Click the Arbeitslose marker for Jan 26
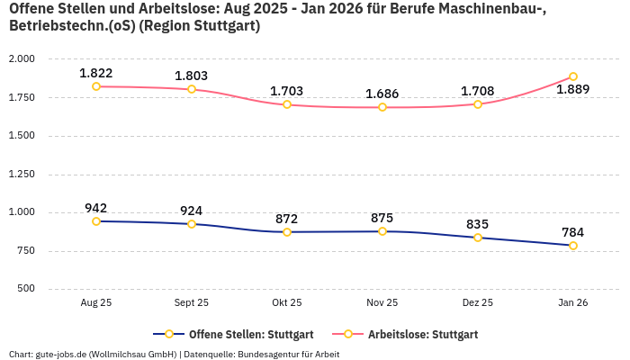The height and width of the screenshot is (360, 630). pos(572,76)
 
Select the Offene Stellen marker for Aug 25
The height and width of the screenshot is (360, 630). pos(96,221)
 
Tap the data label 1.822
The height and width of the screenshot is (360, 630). pos(96,73)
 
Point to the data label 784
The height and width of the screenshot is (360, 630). pos(572,232)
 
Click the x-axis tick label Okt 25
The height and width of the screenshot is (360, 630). pos(287,303)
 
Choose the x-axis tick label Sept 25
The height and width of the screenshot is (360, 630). pos(192,303)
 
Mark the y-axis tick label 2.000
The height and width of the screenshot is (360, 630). pos(22,59)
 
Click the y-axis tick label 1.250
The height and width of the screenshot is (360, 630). pos(22,175)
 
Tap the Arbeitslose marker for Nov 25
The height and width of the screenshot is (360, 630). pos(382,107)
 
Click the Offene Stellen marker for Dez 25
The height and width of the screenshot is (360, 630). pos(478,238)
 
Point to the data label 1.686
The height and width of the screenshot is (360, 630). pos(382,94)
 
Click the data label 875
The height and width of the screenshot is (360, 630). pos(382,218)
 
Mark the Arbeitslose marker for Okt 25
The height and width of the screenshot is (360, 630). pos(287,104)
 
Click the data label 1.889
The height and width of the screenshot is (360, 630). pos(572,90)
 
